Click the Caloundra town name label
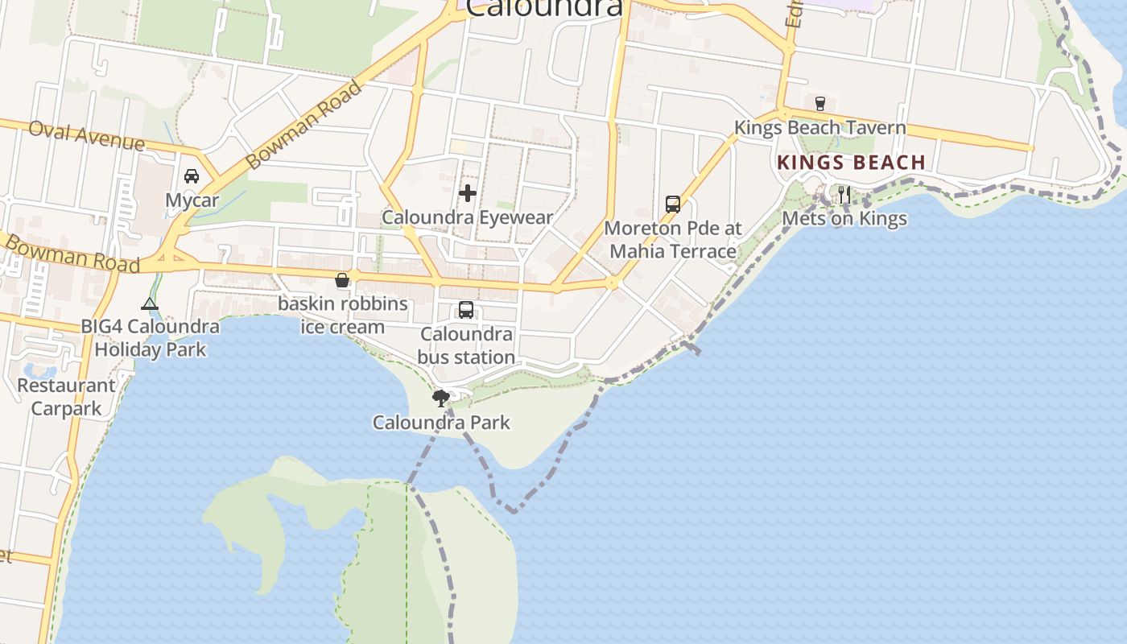coord(544,8)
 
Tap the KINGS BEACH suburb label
coord(851,163)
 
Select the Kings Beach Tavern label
coord(819,128)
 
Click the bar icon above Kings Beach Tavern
coord(820,104)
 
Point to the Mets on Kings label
coord(844,218)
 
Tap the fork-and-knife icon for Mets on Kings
coord(844,194)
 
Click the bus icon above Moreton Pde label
coord(673,204)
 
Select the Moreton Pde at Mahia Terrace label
coord(673,240)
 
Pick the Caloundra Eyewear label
coord(468,217)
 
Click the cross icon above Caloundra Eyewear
coord(468,193)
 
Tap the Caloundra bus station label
coord(466,345)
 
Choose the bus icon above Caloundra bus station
coord(466,310)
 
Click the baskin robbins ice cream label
coord(343,316)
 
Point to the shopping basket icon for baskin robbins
coord(342,280)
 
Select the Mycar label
coord(192,200)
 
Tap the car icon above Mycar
coord(192,176)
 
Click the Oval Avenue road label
coord(87,136)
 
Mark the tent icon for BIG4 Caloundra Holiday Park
coord(150,303)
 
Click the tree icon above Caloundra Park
coord(440,398)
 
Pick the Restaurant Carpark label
coord(66,397)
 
